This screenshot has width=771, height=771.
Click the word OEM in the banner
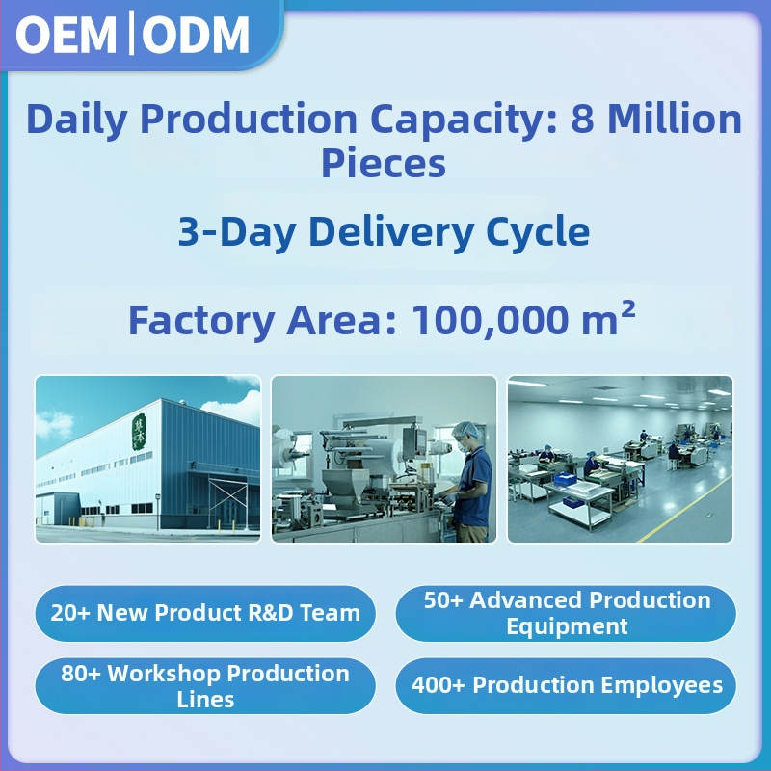(66, 35)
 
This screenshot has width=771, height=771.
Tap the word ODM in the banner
(196, 35)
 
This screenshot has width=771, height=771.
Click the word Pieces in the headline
(384, 163)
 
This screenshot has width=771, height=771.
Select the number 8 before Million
(583, 119)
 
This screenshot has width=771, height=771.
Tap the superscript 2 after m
(628, 308)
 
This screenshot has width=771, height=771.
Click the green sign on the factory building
(139, 432)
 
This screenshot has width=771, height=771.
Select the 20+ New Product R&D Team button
(205, 613)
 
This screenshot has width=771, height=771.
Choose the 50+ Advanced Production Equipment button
(566, 613)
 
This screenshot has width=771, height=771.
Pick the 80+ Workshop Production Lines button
(205, 686)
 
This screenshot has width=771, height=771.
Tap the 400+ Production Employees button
(566, 686)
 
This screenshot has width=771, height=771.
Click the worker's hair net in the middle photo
(465, 430)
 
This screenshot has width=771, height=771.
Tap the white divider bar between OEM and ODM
(131, 33)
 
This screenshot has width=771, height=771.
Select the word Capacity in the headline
(464, 120)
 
